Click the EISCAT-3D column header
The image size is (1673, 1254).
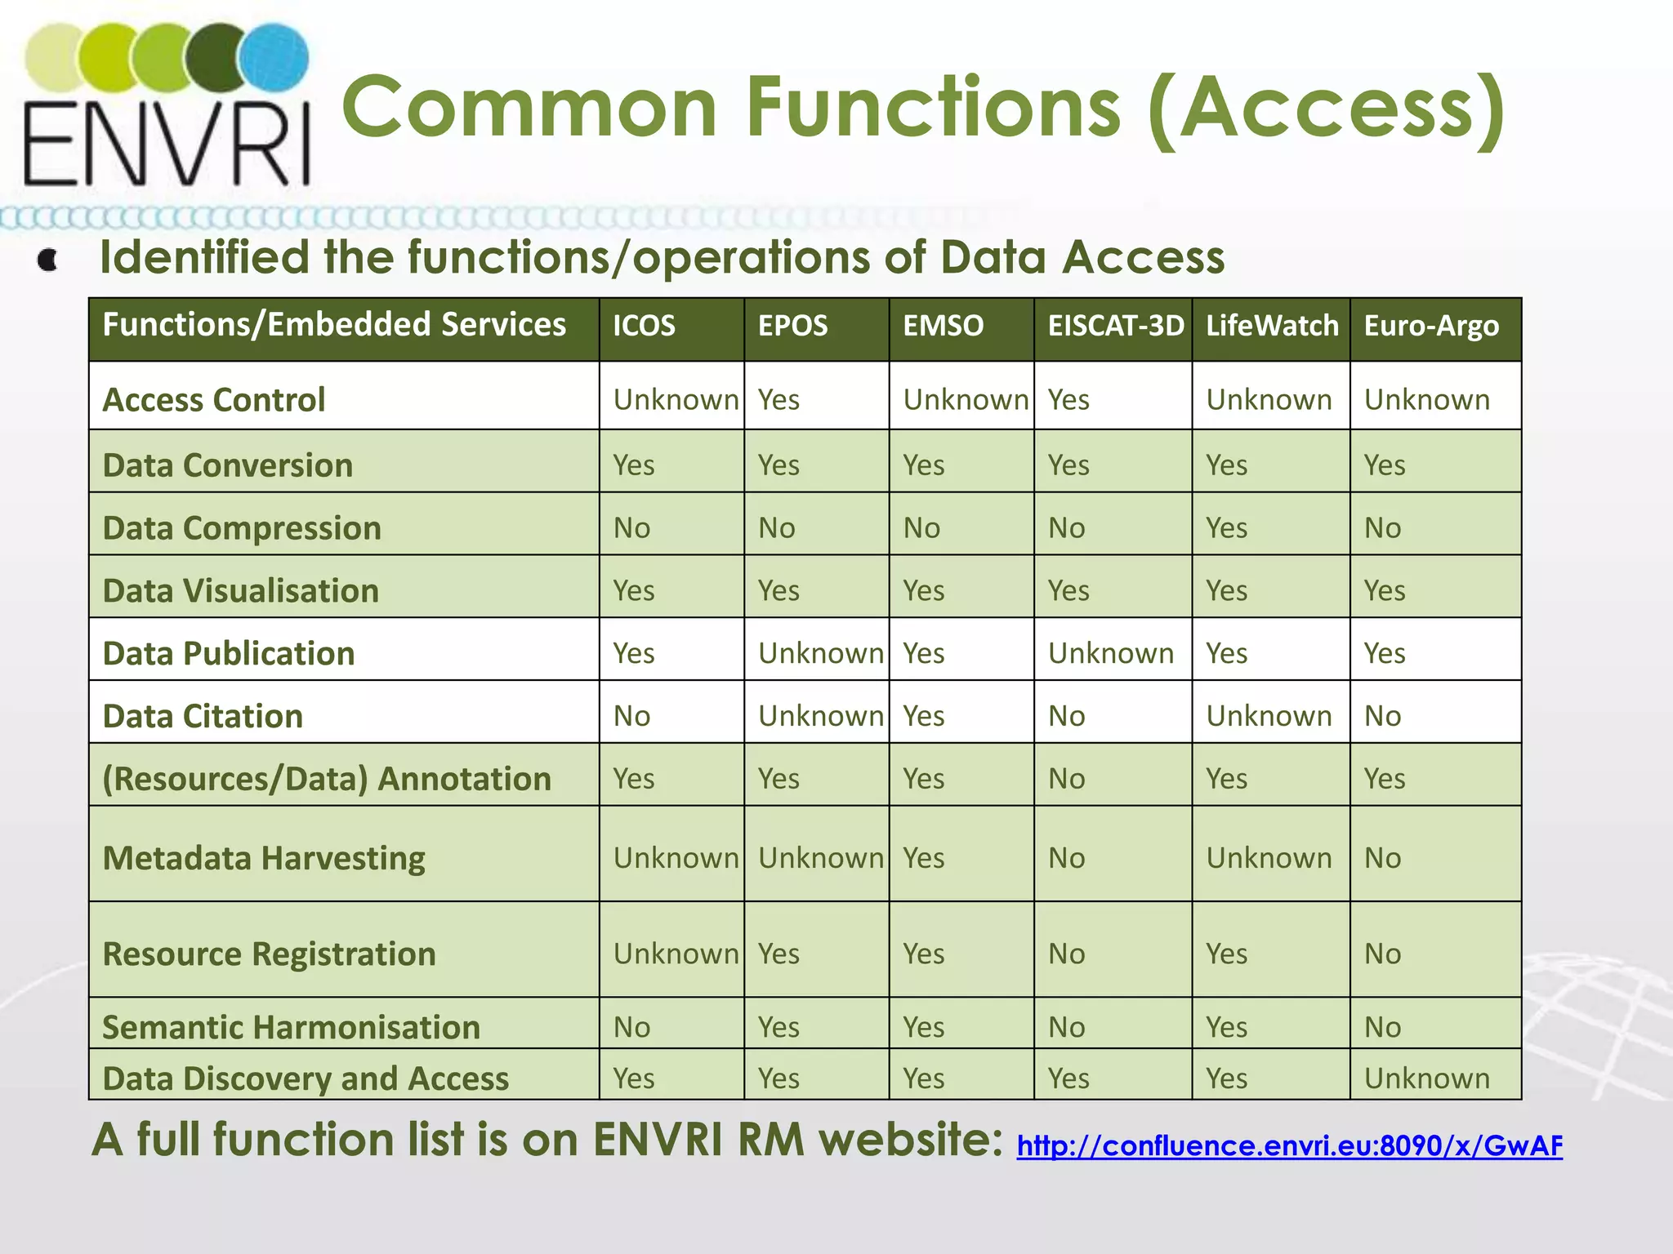1115,326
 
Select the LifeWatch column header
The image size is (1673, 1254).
1272,326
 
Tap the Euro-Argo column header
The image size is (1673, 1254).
1431,326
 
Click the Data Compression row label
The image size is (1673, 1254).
242,528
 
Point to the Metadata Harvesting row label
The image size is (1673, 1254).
264,858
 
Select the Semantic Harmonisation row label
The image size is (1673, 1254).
291,1027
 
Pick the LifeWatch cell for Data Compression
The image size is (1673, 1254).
1226,528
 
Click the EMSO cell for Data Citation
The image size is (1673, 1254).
923,716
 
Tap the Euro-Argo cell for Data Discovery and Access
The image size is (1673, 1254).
1426,1078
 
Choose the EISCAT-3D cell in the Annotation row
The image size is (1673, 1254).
1066,779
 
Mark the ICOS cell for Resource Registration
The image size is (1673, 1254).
676,954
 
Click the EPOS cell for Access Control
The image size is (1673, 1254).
779,400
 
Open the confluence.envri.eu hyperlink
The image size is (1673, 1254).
1289,1146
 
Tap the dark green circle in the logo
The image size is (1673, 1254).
217,59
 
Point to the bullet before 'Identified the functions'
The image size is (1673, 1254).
48,260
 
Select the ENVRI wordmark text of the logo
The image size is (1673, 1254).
167,144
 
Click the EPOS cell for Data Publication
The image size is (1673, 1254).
820,653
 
